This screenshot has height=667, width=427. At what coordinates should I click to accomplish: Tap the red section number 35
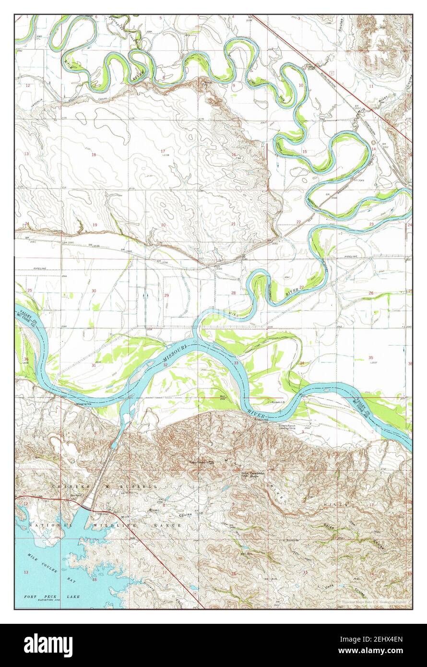[370, 358]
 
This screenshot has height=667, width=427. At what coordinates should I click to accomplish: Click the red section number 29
[166, 295]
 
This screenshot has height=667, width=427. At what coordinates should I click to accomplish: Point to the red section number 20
[163, 225]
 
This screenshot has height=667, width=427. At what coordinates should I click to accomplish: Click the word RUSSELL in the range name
[142, 487]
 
